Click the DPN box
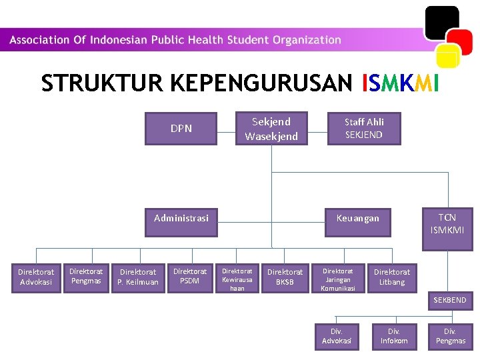[x=181, y=128]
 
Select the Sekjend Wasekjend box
[x=271, y=128]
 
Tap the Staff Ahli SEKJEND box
[x=364, y=128]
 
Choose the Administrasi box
[x=181, y=218]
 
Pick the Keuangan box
[x=357, y=218]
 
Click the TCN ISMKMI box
[x=447, y=224]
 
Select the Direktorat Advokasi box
[x=36, y=277]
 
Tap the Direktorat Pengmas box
[x=87, y=276]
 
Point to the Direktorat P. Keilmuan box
[x=138, y=277]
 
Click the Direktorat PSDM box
[x=190, y=276]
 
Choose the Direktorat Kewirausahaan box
[x=237, y=279]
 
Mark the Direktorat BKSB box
[x=285, y=277]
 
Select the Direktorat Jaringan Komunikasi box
[x=337, y=279]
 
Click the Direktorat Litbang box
[x=392, y=277]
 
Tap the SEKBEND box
[x=450, y=300]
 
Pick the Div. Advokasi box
[x=337, y=336]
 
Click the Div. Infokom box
[x=394, y=336]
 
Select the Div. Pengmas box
[x=451, y=336]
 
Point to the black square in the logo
[x=441, y=21]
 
